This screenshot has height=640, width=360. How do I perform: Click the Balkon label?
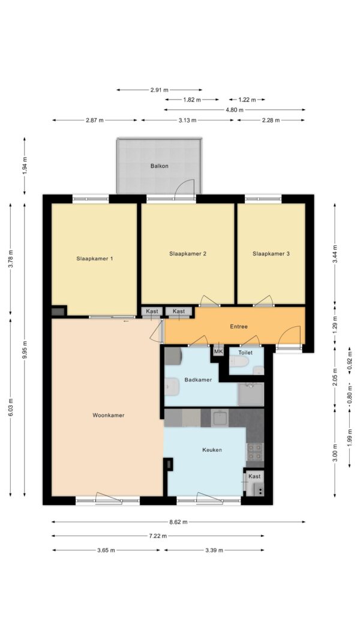[159, 166]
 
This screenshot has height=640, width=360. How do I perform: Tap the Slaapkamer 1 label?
[95, 259]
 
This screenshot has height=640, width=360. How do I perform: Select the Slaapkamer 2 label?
[188, 254]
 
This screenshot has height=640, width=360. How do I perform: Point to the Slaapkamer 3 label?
[271, 254]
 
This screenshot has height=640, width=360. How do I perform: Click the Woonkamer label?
[108, 415]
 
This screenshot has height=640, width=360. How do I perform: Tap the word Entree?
[239, 326]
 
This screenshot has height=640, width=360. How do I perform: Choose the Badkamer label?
[198, 380]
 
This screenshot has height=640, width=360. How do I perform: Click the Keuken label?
[212, 450]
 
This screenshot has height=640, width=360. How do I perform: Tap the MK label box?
[218, 351]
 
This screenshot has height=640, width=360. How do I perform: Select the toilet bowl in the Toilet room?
[238, 361]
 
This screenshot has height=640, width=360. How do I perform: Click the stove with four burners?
[255, 452]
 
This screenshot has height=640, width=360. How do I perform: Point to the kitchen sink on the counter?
[220, 418]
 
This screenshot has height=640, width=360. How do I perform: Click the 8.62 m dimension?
[178, 522]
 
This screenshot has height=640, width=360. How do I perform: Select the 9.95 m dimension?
[25, 350]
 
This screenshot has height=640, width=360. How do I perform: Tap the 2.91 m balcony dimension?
[159, 89]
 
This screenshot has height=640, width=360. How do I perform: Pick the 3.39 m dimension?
[214, 550]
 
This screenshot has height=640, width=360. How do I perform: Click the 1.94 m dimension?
[25, 166]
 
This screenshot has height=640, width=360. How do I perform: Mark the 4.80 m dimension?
[235, 110]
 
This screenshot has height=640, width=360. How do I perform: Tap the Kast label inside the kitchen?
[254, 476]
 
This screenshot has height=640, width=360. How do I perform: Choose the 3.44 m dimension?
[335, 254]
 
